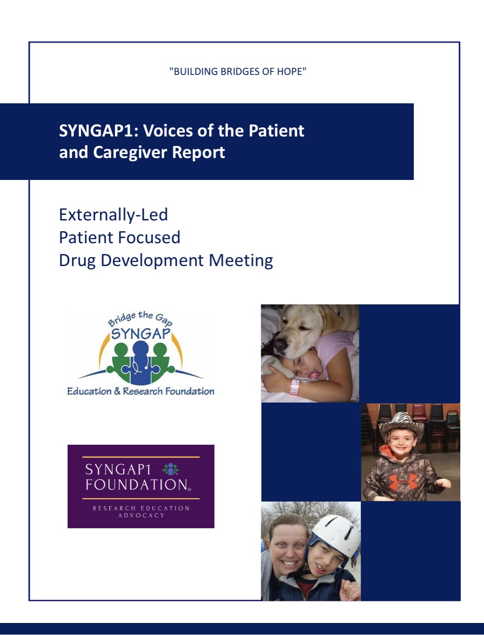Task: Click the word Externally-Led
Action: tap(113, 215)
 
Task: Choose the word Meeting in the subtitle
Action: tap(241, 260)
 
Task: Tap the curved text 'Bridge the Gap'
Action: tap(140, 319)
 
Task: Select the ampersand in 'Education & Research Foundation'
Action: tap(117, 391)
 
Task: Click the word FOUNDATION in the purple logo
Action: tap(137, 485)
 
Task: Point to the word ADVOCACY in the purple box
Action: tap(141, 515)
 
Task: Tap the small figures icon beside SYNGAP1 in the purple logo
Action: tap(171, 469)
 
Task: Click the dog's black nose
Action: tap(281, 344)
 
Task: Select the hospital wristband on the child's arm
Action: tap(295, 387)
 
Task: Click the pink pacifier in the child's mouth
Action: tap(314, 375)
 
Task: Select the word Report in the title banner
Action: tap(198, 152)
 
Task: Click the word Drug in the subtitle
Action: tap(77, 260)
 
